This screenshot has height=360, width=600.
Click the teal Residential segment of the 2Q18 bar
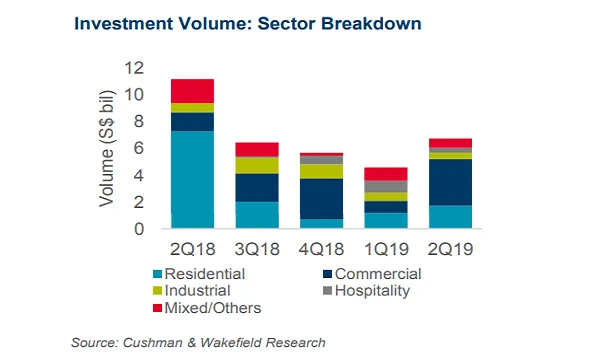(x=192, y=179)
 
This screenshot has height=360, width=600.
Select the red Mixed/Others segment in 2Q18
(x=192, y=91)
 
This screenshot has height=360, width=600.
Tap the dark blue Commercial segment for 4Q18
(x=321, y=199)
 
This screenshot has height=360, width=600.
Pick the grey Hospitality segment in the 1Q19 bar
(x=386, y=186)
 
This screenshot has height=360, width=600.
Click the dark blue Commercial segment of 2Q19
(x=450, y=182)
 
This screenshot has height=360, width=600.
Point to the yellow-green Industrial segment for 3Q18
(x=257, y=165)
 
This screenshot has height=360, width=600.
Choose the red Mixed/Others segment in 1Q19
(x=386, y=174)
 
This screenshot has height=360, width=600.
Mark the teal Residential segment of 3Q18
(x=257, y=215)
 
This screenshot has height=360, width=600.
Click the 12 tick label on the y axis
(x=134, y=68)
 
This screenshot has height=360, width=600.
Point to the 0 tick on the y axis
(x=139, y=229)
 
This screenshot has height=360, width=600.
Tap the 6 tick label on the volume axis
(x=139, y=148)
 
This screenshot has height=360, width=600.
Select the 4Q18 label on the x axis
(x=321, y=249)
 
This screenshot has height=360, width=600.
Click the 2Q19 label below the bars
(x=450, y=249)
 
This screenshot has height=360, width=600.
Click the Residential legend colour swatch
(x=157, y=274)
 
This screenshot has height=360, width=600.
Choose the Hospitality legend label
(x=372, y=291)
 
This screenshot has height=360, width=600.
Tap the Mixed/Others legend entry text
(x=213, y=308)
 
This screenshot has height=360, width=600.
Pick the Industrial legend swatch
(x=157, y=291)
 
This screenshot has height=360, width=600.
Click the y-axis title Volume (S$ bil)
(x=107, y=148)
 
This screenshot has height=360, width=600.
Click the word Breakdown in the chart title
(x=371, y=23)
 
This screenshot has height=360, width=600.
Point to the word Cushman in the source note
(x=152, y=342)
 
